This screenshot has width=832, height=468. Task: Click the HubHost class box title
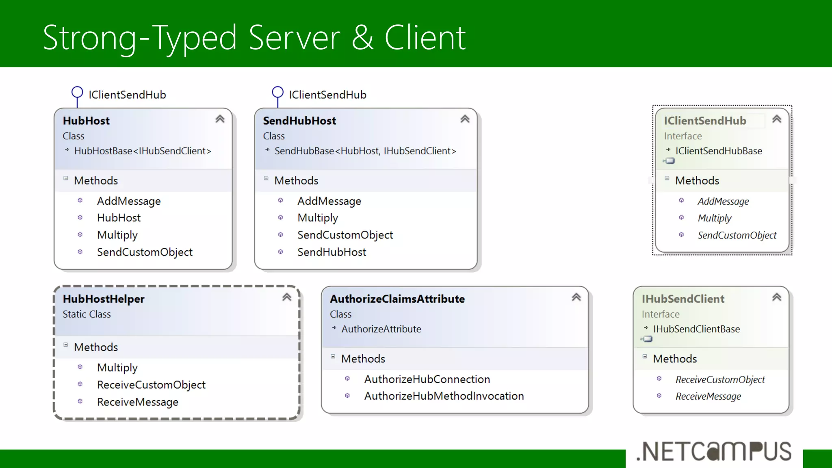click(x=86, y=121)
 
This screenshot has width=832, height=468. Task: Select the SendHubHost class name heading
click(x=299, y=121)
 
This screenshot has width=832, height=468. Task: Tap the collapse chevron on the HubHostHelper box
click(x=287, y=297)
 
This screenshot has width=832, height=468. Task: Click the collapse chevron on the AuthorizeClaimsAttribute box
click(x=576, y=297)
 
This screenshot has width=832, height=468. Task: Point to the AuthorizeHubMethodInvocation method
click(x=444, y=396)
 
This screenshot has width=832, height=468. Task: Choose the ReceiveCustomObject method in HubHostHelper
click(x=151, y=385)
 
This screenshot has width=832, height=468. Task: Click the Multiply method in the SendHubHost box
click(x=318, y=218)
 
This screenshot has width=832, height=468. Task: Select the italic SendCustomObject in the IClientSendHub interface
click(x=737, y=235)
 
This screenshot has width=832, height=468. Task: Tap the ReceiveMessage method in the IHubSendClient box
click(x=708, y=396)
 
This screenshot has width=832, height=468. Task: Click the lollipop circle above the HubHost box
click(x=77, y=92)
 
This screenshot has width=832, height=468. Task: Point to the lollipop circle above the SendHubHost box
click(x=277, y=92)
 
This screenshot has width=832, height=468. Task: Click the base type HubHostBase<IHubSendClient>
click(x=143, y=151)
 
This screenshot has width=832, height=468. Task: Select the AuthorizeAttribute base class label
click(x=381, y=329)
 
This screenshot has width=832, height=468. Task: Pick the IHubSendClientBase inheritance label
click(x=696, y=329)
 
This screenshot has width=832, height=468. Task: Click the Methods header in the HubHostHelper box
click(x=96, y=347)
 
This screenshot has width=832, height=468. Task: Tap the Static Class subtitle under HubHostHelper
click(x=87, y=314)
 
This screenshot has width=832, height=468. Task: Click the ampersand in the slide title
click(x=362, y=37)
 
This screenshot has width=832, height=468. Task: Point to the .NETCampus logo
click(x=714, y=452)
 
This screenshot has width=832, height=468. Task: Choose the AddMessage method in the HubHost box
click(x=129, y=201)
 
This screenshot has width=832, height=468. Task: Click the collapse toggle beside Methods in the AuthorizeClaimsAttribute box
click(x=333, y=356)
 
